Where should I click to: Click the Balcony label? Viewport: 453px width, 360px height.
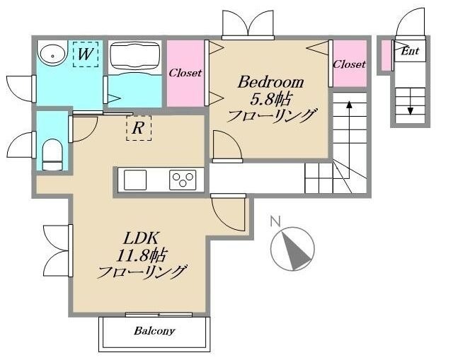[x=154, y=331]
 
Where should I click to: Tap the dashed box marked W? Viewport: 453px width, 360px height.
[x=86, y=54]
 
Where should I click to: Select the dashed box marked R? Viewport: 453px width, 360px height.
[x=139, y=128]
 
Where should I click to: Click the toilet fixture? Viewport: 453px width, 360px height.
[x=53, y=153]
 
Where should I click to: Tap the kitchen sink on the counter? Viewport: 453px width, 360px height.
[x=137, y=180]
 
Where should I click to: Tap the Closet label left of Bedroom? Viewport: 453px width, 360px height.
[x=185, y=73]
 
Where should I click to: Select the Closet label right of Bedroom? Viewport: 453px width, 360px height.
[x=349, y=64]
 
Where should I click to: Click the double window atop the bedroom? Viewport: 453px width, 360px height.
[x=247, y=25]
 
